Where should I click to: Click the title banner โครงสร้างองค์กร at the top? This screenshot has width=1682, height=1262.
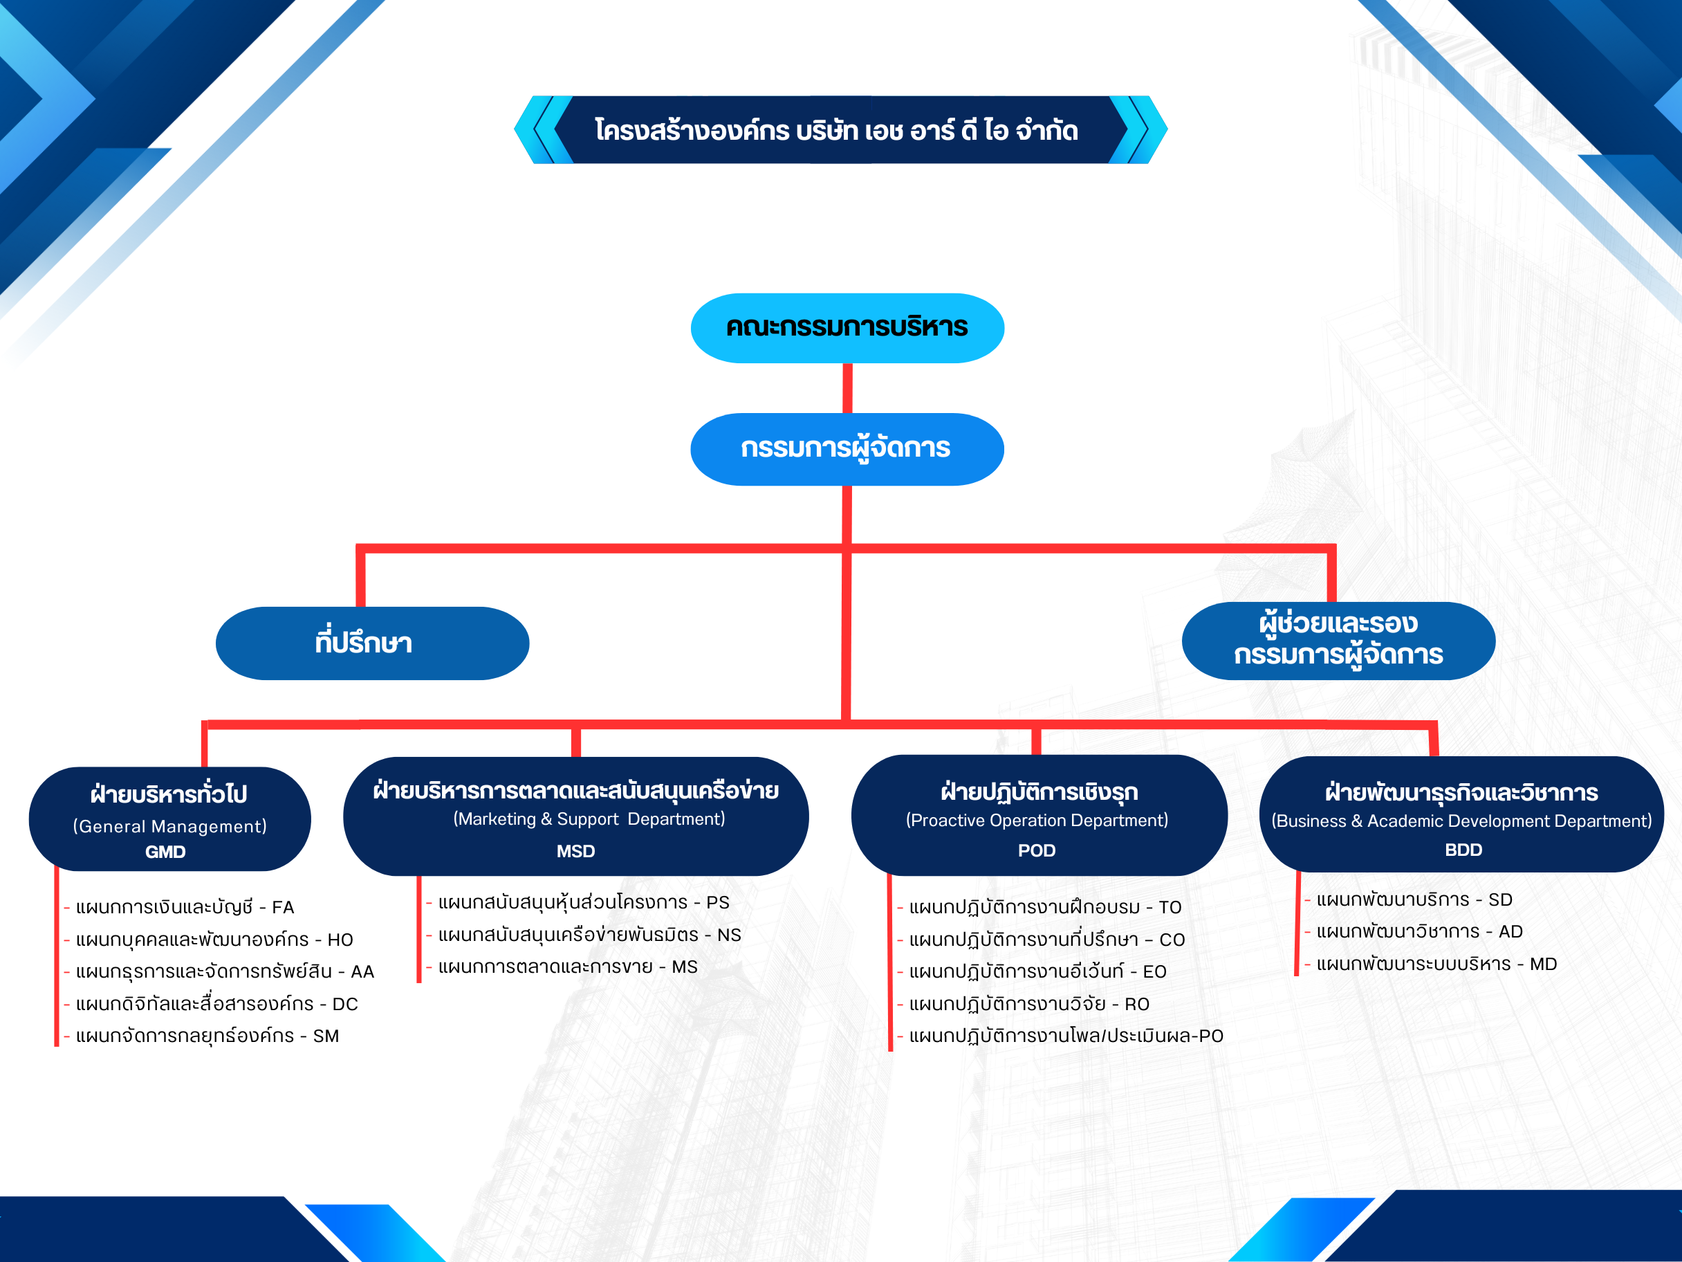pos(840,130)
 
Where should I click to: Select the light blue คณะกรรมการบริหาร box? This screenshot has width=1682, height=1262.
pos(847,328)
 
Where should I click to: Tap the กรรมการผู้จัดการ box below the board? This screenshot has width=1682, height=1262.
pos(847,449)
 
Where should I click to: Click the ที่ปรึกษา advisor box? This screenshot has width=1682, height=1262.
pos(373,643)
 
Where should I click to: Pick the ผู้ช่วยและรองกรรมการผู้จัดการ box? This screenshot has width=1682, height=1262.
pos(1338,641)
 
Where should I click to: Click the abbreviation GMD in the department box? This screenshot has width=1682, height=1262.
pos(166,852)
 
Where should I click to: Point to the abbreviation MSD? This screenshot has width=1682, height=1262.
pos(575,851)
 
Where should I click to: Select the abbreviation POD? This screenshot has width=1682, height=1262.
pos(1037,850)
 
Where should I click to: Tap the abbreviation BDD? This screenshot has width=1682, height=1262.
pos(1463,850)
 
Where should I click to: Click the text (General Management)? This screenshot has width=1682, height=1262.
pos(169,826)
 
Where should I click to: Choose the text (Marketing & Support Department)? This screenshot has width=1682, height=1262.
pos(589,819)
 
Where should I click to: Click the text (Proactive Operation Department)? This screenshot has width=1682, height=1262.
pos(1037,820)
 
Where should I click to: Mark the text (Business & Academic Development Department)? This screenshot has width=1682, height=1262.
pos(1461,821)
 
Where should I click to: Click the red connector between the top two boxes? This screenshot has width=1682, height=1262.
pos(847,388)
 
